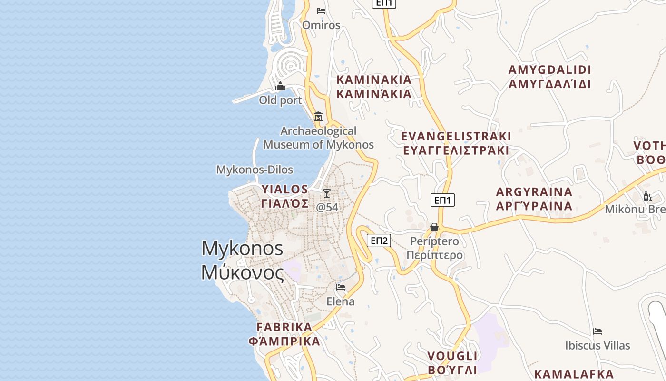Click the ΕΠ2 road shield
[379, 241]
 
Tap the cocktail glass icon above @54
[327, 193]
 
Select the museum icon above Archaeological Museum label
[318, 116]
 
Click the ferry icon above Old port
[280, 86]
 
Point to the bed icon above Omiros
[321, 10]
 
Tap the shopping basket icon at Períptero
[434, 227]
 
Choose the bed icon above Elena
[341, 287]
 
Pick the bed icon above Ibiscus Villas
[597, 331]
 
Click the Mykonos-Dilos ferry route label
[255, 170]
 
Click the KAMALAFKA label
[574, 374]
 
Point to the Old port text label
[280, 100]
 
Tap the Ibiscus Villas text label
[597, 345]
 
